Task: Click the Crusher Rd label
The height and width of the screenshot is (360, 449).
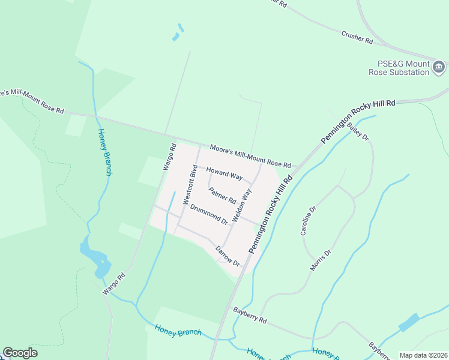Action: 357,37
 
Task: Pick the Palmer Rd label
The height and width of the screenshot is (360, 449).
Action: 222,196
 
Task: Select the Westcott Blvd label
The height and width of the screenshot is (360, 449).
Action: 190,184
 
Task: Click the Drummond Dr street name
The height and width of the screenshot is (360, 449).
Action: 208,215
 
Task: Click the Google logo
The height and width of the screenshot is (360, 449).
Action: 20,353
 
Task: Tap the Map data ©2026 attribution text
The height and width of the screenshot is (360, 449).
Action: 423,355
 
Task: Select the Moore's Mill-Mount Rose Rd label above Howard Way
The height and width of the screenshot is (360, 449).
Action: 250,156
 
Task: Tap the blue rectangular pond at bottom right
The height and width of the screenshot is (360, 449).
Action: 409,323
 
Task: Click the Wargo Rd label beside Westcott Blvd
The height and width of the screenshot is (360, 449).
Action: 169,157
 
